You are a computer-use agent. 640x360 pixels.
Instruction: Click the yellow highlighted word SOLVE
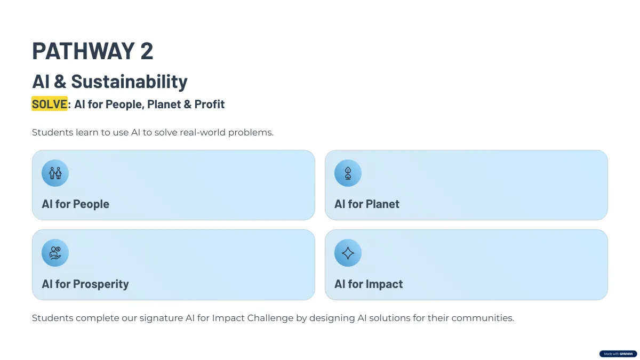coord(50,103)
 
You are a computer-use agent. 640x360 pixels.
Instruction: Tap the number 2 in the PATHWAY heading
coord(147,51)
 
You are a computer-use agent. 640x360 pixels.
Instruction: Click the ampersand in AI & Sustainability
coord(60,82)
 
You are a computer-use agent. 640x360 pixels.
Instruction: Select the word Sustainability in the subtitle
coord(130,82)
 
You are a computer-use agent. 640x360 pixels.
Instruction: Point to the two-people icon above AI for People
coord(55,173)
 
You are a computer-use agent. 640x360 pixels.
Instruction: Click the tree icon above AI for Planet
coord(348,173)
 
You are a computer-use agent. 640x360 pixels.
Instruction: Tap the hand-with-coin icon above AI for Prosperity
coord(55,253)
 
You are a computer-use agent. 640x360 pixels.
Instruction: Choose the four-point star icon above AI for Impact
coord(348,253)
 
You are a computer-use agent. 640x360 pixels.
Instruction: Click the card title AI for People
coord(75,204)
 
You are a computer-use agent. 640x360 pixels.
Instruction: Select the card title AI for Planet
coord(367,204)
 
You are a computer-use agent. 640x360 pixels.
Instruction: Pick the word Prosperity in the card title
coord(101,284)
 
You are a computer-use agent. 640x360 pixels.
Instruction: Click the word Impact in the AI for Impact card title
coord(385,284)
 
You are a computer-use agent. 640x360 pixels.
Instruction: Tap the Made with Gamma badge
coord(618,354)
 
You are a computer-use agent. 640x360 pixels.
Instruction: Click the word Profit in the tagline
coord(210,104)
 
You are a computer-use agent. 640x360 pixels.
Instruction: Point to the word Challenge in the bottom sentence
coord(270,318)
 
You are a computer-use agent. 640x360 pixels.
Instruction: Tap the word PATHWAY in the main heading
coord(83,51)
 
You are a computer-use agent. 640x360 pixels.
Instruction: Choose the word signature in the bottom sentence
coord(161,318)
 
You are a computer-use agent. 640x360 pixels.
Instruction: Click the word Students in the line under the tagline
coord(53,132)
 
